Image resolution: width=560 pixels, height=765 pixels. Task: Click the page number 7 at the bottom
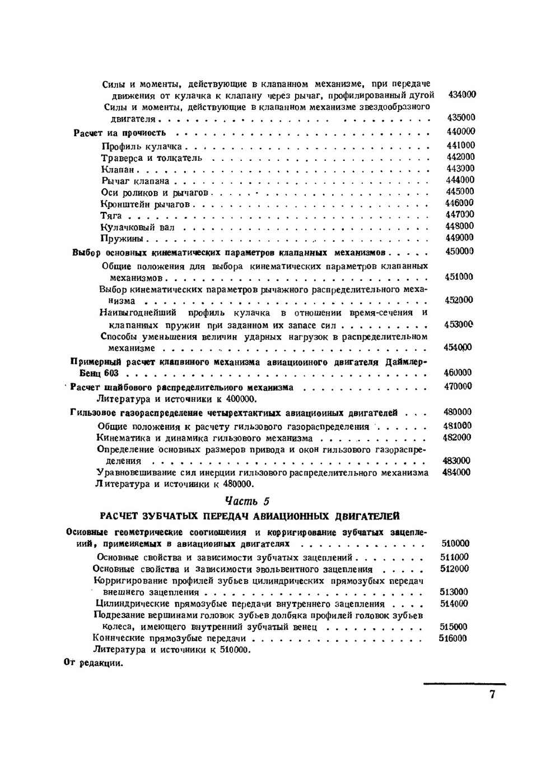(492, 695)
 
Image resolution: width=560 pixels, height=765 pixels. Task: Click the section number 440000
(460, 132)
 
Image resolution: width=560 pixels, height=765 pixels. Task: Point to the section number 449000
(460, 238)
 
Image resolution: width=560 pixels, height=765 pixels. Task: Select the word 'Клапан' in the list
(118, 170)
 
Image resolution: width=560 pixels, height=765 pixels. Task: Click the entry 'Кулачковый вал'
(138, 228)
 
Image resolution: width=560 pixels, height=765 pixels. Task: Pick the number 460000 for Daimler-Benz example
(458, 373)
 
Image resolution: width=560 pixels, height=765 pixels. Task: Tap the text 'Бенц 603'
(95, 373)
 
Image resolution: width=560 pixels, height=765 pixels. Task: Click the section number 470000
(458, 386)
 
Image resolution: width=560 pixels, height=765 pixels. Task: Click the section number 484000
(456, 472)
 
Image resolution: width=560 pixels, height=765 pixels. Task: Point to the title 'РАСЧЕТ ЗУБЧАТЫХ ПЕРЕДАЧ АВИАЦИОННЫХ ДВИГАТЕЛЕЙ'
(249, 516)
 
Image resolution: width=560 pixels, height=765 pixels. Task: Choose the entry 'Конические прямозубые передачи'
(171, 638)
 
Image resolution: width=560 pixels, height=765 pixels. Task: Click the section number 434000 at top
(462, 95)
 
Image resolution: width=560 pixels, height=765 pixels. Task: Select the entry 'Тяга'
(111, 216)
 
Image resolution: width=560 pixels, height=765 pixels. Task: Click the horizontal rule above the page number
(464, 684)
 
